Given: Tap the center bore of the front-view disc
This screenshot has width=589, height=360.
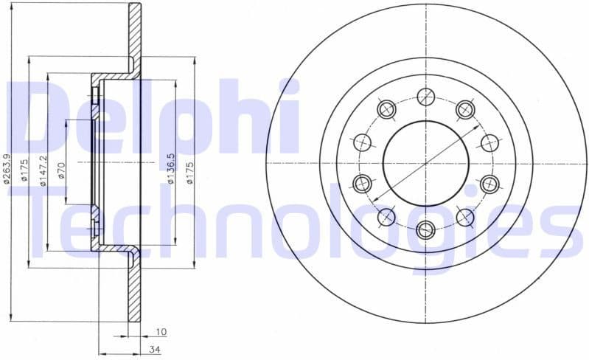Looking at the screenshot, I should (x=426, y=163).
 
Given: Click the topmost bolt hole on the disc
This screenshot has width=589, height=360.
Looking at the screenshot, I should (x=426, y=96).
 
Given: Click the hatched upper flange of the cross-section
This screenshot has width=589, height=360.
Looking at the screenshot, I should (x=134, y=37).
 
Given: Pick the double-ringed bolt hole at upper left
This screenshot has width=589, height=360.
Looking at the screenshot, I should (x=386, y=109).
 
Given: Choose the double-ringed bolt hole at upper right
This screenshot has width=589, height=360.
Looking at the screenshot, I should (x=465, y=109).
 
